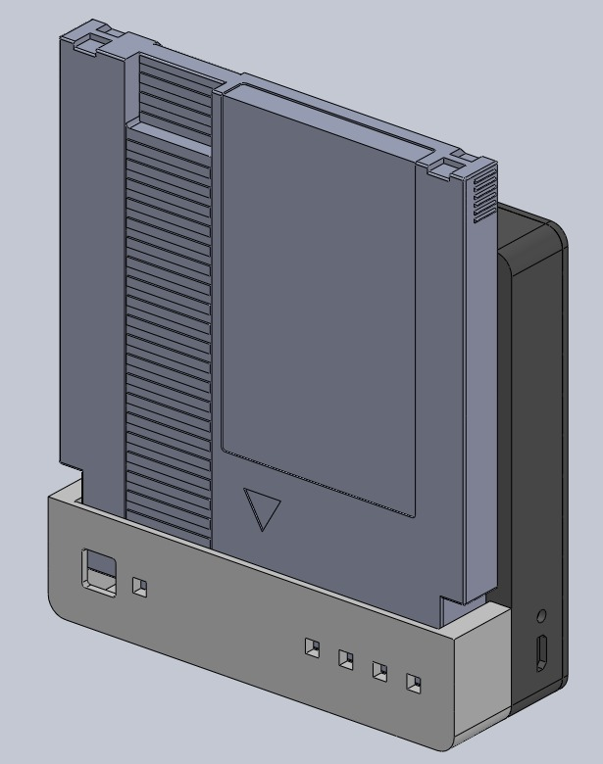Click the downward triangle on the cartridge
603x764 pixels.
[263, 507]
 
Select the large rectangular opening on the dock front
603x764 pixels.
[97, 572]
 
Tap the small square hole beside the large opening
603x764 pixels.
[139, 587]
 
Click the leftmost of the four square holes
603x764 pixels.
[312, 648]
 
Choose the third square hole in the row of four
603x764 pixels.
[379, 672]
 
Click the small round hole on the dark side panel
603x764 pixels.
[542, 617]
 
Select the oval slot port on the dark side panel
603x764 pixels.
[540, 653]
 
